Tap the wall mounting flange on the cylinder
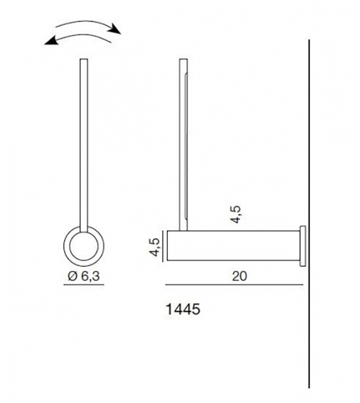coord(304,246)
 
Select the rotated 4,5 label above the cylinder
coord(235,213)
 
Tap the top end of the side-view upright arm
coord(183,61)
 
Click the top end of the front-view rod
coord(83,61)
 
